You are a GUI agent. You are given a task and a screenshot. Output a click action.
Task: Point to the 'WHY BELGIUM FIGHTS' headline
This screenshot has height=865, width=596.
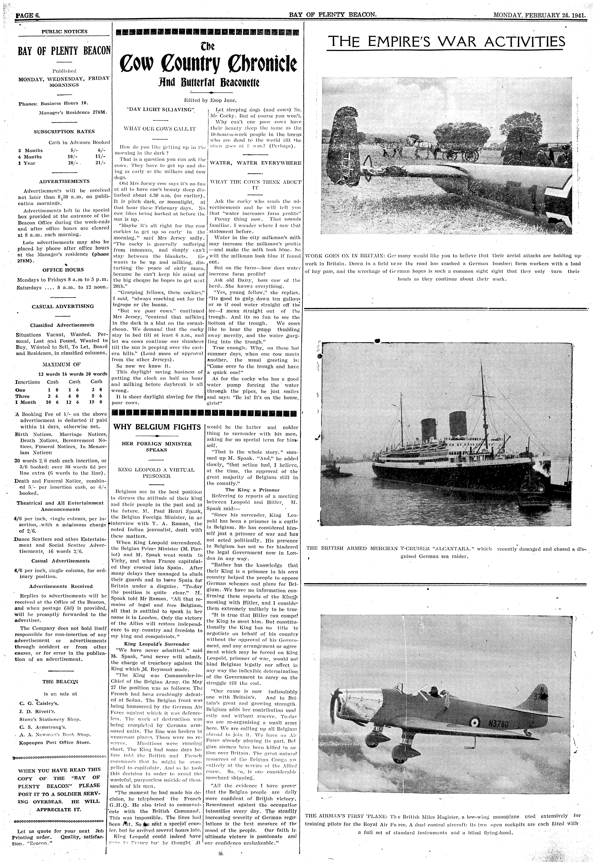(x=157, y=427)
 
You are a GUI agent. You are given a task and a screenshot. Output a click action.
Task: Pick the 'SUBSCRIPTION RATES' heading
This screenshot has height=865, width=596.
(x=64, y=131)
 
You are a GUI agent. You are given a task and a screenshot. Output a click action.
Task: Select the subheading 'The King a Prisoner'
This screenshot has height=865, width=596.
(x=252, y=490)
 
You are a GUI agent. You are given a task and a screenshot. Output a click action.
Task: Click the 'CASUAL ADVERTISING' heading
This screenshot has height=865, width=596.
(x=63, y=306)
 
